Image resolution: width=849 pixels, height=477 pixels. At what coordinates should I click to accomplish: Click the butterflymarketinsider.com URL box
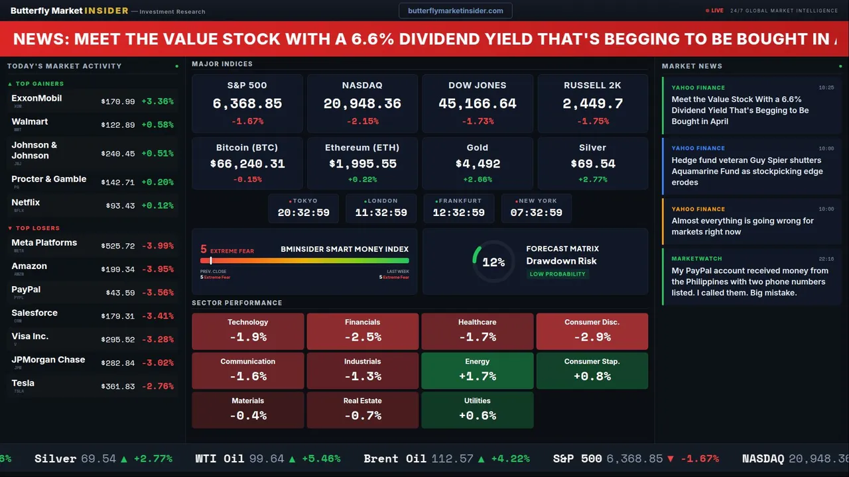455,11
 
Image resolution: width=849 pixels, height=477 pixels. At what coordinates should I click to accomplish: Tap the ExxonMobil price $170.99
118,102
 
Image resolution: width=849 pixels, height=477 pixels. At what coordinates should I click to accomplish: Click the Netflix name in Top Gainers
26,203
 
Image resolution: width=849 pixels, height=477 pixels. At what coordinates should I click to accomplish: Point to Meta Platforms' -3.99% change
158,246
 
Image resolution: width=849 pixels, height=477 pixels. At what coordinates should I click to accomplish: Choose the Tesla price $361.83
118,386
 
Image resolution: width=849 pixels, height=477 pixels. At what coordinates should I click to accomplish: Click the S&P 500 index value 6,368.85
247,104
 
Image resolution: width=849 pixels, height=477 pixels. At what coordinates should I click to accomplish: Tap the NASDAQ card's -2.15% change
362,121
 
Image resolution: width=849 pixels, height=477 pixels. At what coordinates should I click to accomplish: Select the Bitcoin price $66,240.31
247,164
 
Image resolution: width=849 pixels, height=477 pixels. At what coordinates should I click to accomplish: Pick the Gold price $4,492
478,164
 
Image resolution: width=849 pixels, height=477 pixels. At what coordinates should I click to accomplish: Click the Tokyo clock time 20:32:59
303,213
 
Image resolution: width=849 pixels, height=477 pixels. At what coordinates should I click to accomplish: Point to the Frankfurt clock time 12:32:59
458,213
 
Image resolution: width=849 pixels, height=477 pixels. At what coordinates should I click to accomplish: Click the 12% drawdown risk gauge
493,262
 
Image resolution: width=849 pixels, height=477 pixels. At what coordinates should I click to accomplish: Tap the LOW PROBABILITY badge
557,274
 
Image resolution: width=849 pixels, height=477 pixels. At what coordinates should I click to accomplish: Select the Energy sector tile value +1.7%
478,376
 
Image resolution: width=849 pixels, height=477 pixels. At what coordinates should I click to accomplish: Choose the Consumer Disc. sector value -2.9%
592,337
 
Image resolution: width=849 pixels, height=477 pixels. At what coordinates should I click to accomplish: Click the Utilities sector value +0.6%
478,415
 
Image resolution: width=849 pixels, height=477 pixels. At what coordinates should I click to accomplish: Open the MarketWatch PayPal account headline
750,282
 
